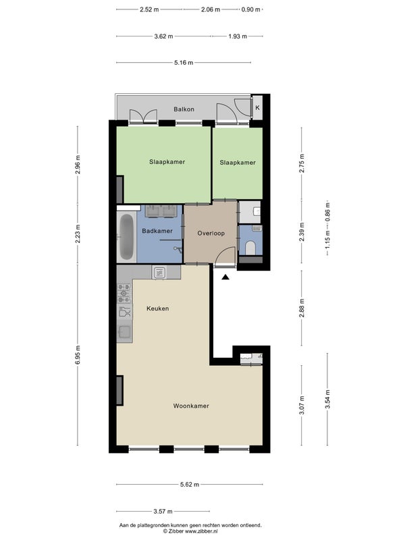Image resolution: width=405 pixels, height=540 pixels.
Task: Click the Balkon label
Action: [x=184, y=109]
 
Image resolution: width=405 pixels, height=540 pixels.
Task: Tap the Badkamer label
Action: [x=157, y=231]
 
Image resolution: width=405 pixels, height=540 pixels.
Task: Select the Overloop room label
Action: [x=211, y=233]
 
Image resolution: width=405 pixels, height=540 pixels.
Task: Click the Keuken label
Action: [x=158, y=308]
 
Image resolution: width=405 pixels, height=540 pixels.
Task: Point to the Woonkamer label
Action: [x=191, y=406]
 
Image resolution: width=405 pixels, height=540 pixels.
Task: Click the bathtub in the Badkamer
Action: [x=126, y=238]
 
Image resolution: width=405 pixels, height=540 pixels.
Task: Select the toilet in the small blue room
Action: [x=250, y=248]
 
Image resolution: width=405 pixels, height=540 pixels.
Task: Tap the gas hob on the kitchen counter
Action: [x=124, y=293]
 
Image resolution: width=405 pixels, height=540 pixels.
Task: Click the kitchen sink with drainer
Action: [x=124, y=327]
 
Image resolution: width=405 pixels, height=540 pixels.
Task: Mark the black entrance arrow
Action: [x=225, y=277]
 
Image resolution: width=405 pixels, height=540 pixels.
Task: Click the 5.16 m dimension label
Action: [x=184, y=63]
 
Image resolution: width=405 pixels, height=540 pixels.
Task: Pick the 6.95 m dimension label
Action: [x=78, y=355]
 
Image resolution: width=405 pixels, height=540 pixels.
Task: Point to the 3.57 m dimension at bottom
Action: [x=163, y=512]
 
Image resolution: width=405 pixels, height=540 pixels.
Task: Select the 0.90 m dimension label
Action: [x=250, y=9]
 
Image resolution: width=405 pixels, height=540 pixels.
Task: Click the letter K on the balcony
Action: [x=257, y=107]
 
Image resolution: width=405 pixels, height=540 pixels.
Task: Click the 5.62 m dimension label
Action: [x=190, y=485]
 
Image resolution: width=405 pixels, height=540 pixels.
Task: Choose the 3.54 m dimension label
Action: [x=327, y=400]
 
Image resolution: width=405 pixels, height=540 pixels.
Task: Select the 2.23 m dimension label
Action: [x=78, y=234]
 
